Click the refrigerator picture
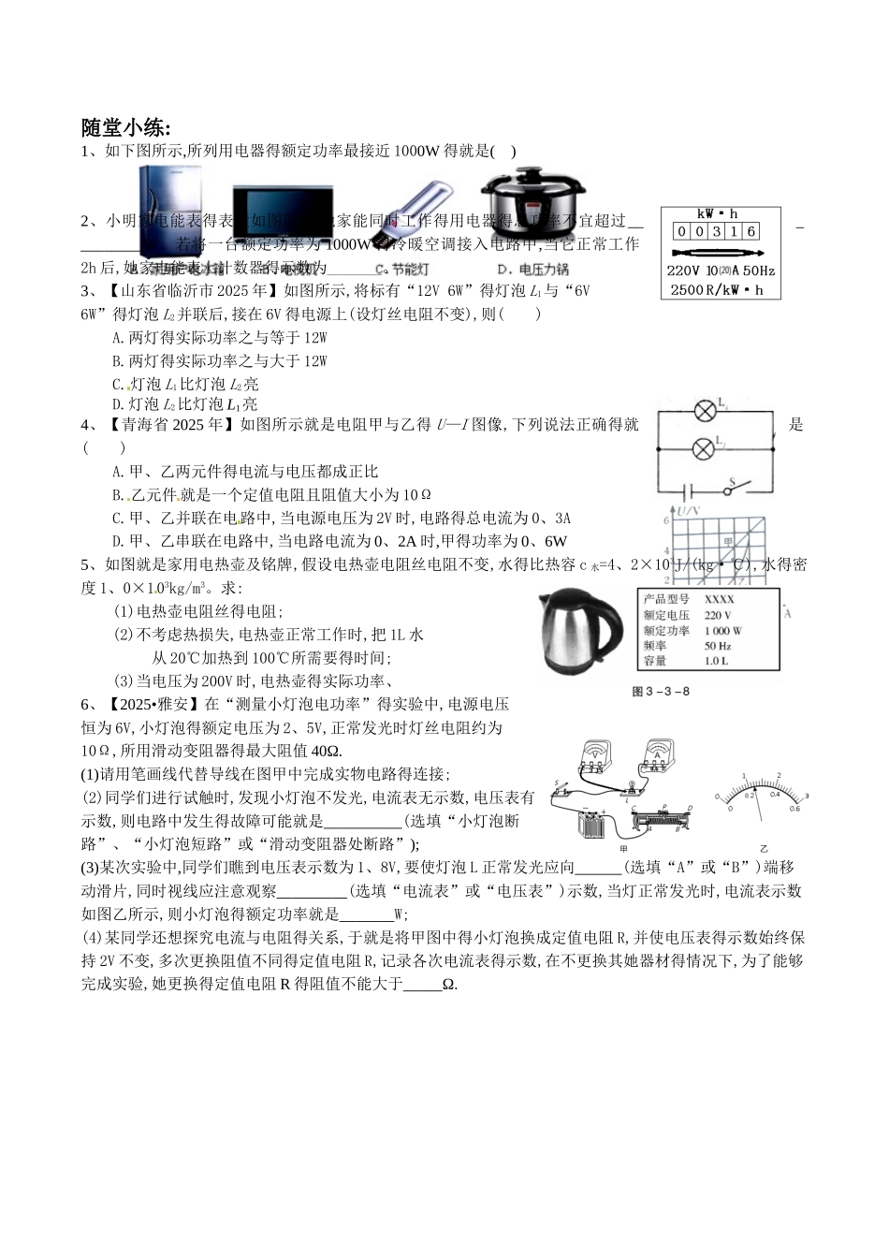(x=170, y=211)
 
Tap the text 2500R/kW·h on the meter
(x=718, y=290)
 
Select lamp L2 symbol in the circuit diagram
(x=704, y=447)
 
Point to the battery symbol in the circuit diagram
(x=691, y=490)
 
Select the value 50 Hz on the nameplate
(x=717, y=646)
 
